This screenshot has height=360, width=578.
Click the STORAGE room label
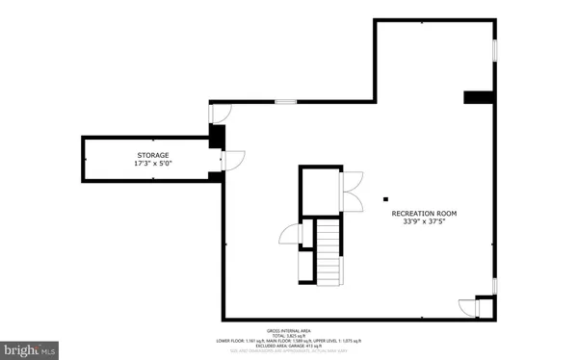pyautogui.click(x=151, y=155)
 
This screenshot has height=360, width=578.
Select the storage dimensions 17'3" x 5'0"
pyautogui.click(x=151, y=165)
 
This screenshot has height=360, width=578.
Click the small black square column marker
pyautogui.click(x=384, y=189)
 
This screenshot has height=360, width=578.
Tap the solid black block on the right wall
pyautogui.click(x=479, y=96)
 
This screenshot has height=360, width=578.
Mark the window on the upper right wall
pyautogui.click(x=495, y=48)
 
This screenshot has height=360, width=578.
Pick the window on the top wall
pyautogui.click(x=285, y=101)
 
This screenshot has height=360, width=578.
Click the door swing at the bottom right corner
pyautogui.click(x=468, y=307)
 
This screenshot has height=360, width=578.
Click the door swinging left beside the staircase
pyautogui.click(x=290, y=234)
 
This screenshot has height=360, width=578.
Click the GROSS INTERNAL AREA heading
pyautogui.click(x=290, y=329)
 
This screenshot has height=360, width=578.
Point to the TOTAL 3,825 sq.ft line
pyautogui.click(x=290, y=335)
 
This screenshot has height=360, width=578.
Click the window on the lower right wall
pyautogui.click(x=495, y=286)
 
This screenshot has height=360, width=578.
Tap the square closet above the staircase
pyautogui.click(x=318, y=190)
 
